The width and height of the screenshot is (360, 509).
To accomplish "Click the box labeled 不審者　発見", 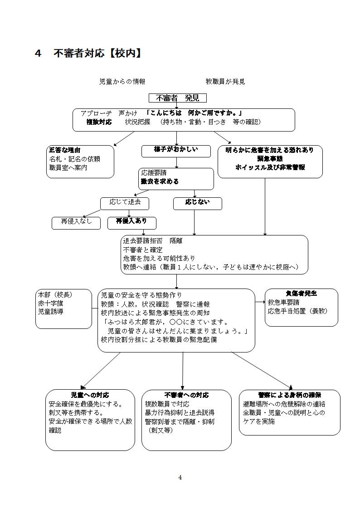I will (178, 98).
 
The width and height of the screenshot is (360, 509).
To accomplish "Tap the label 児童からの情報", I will (122, 82).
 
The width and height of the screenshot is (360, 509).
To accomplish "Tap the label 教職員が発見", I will (225, 82).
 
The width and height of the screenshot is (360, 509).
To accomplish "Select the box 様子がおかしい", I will (176, 151).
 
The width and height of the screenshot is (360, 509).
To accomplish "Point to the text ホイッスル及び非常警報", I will (270, 167).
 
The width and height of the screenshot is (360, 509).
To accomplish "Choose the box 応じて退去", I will (125, 203).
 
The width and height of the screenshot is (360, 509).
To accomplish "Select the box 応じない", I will (197, 203).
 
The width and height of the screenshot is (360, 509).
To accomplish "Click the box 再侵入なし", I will (76, 222).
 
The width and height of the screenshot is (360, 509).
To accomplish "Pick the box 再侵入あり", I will (131, 222).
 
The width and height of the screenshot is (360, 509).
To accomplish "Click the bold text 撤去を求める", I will (160, 181).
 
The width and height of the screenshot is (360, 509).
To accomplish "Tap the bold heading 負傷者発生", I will (301, 294).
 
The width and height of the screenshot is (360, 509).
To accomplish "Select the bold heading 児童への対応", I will (90, 395).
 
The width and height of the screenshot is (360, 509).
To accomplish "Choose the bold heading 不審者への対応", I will (186, 395).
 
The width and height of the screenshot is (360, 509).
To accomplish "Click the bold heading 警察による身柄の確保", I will (289, 395).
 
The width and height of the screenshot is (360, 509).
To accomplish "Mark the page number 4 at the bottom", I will (180, 477).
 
